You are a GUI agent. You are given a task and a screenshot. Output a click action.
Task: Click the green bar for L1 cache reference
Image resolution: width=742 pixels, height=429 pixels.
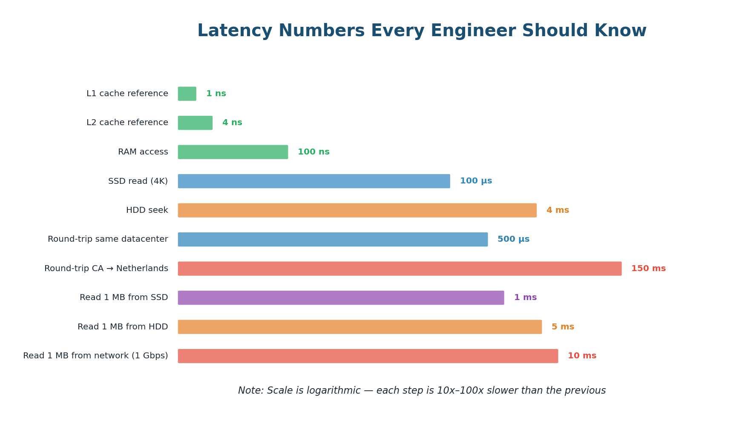(187, 94)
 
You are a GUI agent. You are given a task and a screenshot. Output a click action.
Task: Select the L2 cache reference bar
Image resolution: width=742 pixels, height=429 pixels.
(195, 123)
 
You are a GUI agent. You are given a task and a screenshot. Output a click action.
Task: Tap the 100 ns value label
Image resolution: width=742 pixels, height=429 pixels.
(313, 152)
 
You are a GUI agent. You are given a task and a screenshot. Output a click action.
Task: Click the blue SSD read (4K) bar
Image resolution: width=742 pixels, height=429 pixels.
(314, 181)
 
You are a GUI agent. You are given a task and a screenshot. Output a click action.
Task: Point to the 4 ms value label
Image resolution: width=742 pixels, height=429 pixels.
(558, 210)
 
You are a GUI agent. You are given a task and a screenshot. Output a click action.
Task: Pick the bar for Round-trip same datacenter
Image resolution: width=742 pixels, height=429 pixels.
(333, 240)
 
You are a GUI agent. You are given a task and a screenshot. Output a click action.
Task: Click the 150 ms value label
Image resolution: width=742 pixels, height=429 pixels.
(648, 269)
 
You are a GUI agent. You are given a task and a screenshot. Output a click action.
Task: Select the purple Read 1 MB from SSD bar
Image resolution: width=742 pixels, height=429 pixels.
(341, 298)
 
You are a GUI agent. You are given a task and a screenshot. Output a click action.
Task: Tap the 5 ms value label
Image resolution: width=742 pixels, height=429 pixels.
(563, 327)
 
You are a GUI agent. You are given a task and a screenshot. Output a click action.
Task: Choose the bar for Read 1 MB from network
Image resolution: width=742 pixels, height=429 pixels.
(368, 356)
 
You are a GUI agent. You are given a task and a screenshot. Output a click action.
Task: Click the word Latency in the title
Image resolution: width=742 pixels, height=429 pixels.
(234, 31)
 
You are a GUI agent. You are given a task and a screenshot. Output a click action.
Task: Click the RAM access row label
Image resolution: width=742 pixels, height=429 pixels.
(143, 152)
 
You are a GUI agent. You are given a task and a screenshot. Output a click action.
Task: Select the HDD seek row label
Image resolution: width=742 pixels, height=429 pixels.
(147, 210)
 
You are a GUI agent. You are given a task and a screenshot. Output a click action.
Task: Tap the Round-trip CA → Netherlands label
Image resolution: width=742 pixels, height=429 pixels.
(106, 269)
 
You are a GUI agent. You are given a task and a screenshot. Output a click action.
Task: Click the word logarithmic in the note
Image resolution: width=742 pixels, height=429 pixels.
(336, 391)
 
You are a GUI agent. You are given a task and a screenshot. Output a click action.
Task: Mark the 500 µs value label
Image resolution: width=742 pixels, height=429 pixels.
(513, 240)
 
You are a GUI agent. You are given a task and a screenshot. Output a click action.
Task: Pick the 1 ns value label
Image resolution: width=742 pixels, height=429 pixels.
(216, 94)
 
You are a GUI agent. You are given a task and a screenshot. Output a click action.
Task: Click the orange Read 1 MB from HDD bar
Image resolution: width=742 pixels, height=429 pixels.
(360, 327)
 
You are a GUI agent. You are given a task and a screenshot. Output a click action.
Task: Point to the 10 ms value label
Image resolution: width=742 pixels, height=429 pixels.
(582, 356)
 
